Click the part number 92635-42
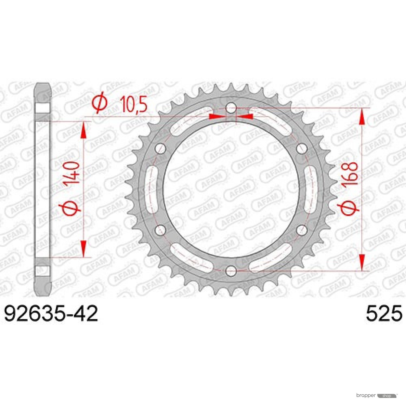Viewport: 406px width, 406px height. click(51, 313)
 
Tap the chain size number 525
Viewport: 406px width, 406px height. click(384, 313)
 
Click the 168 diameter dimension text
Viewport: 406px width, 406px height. click(349, 173)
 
